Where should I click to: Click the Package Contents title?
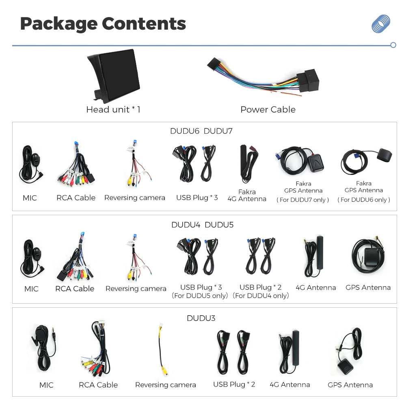click(x=103, y=24)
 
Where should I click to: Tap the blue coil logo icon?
click(x=381, y=24)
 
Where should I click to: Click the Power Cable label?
click(x=268, y=110)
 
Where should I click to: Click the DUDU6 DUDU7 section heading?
click(x=201, y=131)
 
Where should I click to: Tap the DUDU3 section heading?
click(x=201, y=318)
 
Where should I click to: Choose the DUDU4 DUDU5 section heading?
click(x=202, y=225)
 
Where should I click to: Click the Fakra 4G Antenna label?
click(x=247, y=195)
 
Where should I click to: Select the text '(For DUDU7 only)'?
click(x=303, y=200)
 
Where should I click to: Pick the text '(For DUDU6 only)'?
click(x=363, y=200)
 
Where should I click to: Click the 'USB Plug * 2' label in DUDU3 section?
click(x=234, y=384)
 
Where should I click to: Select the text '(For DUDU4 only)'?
click(x=261, y=296)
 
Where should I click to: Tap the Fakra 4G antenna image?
click(x=248, y=163)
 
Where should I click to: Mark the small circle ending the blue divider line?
click(x=393, y=45)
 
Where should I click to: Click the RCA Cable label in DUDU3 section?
click(x=98, y=385)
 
